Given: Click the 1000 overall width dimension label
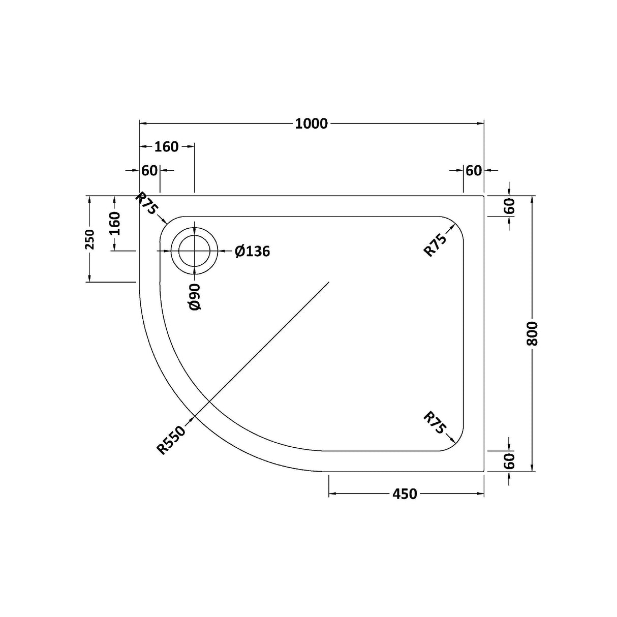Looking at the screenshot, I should [x=311, y=124].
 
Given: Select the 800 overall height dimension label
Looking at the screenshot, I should [x=532, y=334].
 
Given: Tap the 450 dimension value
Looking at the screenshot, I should [x=405, y=493].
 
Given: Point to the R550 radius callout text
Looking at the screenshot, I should [x=172, y=440].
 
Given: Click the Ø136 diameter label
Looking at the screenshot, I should [x=253, y=251].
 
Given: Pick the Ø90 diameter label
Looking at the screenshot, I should [x=195, y=297].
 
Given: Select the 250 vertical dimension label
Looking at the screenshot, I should [x=89, y=239].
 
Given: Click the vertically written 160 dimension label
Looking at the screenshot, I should [x=115, y=223].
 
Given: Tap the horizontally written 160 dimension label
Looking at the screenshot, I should [x=166, y=147].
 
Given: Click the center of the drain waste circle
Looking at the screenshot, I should [x=194, y=252].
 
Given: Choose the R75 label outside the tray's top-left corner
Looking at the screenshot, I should [x=148, y=204].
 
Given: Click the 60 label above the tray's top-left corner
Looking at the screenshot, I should [x=149, y=171].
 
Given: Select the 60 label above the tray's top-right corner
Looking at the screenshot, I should [x=473, y=171].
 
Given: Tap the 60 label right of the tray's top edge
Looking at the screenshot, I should [x=510, y=206].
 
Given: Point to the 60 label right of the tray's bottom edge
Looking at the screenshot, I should [x=510, y=461].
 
